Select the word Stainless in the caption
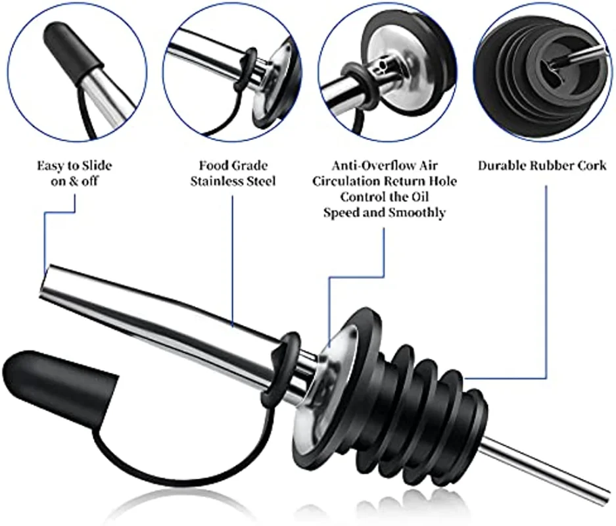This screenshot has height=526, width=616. tap(213, 180)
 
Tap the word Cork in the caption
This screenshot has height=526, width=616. tap(591, 165)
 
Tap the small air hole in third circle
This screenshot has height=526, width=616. tap(377, 66)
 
